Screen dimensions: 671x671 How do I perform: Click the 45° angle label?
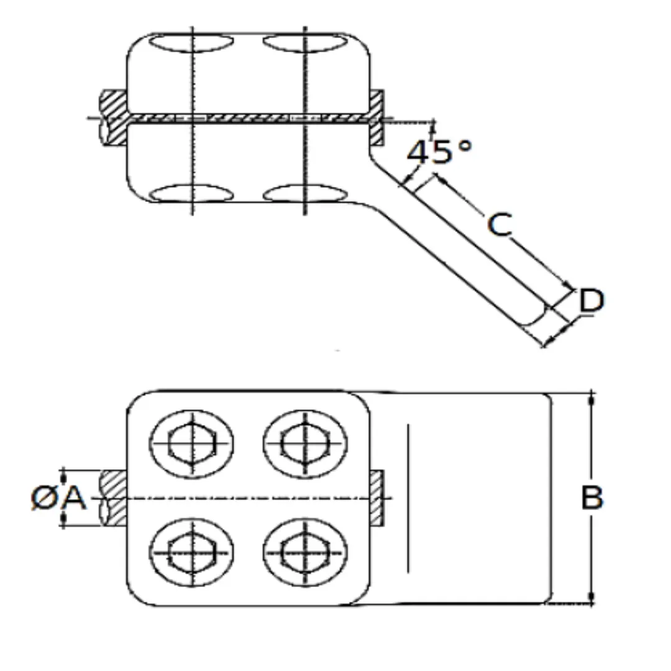point(439,151)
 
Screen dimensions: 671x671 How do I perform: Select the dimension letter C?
point(500,225)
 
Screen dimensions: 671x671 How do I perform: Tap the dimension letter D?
point(591,302)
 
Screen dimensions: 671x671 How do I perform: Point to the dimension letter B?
point(591,498)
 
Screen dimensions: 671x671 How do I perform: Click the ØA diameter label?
point(58,498)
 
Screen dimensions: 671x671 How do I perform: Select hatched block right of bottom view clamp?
point(377,498)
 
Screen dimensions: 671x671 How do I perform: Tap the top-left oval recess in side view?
point(193,43)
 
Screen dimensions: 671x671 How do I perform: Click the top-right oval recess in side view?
point(304,43)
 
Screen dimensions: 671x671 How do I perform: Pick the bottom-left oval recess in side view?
point(193,193)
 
